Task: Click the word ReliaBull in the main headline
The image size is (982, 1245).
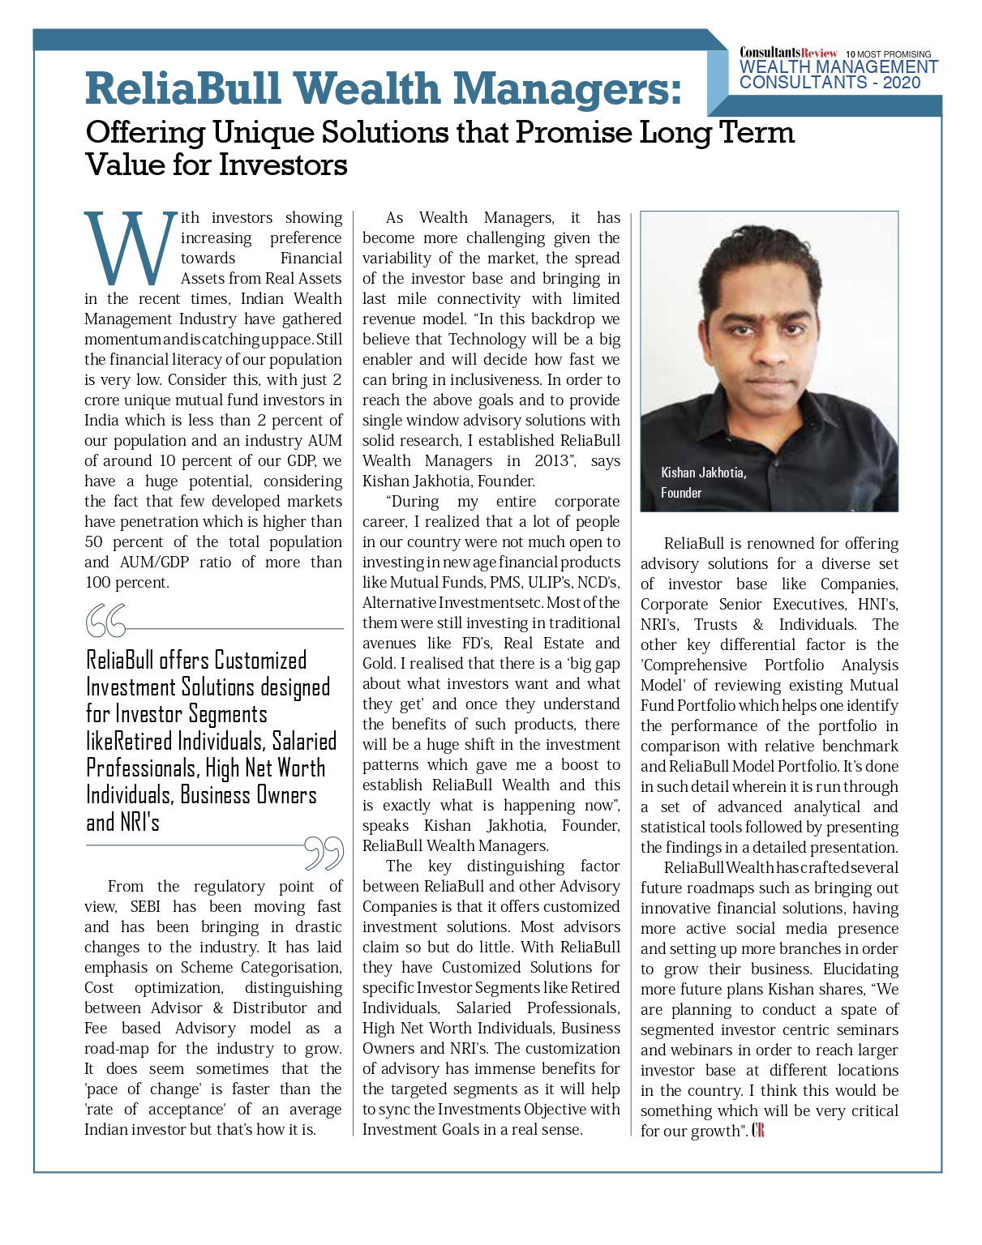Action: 183,89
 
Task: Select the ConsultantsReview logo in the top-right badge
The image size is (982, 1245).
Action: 787,53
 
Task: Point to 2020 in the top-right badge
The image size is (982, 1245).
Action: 902,83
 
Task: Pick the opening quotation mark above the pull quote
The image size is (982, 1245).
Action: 105,621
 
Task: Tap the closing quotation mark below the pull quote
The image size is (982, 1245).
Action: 324,853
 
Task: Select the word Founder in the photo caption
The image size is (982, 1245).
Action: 680,493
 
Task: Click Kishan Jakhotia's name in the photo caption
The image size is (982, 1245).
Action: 703,473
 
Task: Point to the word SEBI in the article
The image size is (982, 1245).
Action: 145,907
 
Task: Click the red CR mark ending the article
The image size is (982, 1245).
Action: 758,1131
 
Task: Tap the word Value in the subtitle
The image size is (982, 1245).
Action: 123,165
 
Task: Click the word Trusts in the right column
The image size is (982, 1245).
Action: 715,625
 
